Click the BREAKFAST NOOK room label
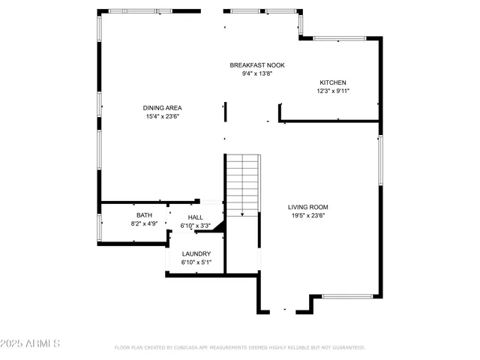(257, 65)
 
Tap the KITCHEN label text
(333, 82)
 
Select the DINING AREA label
(163, 108)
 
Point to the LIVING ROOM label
(308, 207)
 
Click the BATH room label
(144, 215)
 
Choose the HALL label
(195, 217)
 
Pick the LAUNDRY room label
(196, 253)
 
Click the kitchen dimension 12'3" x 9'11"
(333, 91)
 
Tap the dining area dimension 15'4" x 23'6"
(163, 116)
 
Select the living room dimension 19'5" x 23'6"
(308, 215)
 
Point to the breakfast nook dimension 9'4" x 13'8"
(257, 73)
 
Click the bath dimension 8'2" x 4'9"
(144, 223)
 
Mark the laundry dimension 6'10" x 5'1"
(196, 262)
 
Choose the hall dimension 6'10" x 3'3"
(195, 226)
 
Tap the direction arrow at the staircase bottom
(242, 214)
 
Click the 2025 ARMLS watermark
(30, 343)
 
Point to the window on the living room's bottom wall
(347, 296)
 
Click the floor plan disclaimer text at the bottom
(239, 348)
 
